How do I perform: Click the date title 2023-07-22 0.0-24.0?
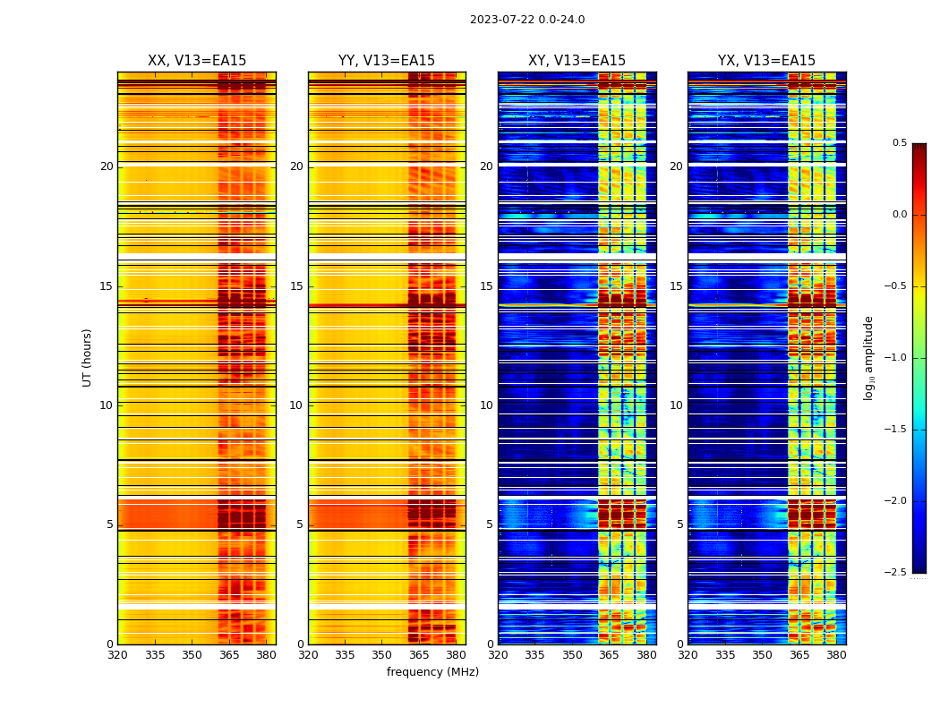click(527, 20)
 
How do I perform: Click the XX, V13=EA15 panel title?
click(197, 61)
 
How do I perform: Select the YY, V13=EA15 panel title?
click(387, 61)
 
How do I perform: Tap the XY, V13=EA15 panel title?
click(577, 61)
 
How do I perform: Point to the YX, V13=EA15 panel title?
click(766, 61)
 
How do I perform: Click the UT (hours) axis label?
click(88, 357)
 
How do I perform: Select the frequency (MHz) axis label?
click(432, 672)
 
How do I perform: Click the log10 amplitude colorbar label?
click(868, 357)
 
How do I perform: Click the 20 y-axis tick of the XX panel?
click(107, 166)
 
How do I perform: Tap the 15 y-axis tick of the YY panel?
click(296, 286)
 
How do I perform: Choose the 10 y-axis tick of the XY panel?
click(486, 405)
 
